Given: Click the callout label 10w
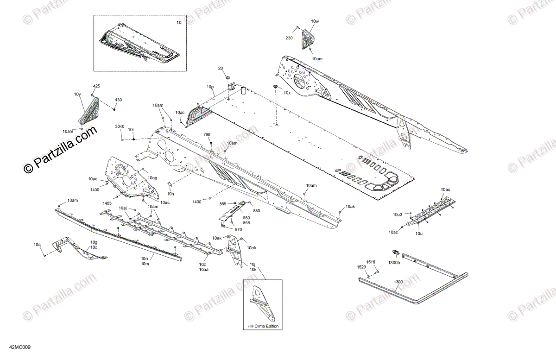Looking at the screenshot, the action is pyautogui.click(x=315, y=22).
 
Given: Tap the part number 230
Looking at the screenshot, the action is pyautogui.click(x=289, y=38).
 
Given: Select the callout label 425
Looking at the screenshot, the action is pyautogui.click(x=96, y=86).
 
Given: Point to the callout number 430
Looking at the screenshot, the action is pyautogui.click(x=119, y=100).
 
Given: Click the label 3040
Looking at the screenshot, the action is pyautogui.click(x=120, y=126).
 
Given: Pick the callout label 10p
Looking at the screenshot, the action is pyautogui.click(x=210, y=87).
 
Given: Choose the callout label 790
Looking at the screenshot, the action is pyautogui.click(x=207, y=134).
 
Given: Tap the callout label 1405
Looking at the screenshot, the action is pyautogui.click(x=107, y=203).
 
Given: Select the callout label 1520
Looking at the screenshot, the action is pyautogui.click(x=361, y=267).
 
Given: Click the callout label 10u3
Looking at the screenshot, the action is pyautogui.click(x=398, y=215).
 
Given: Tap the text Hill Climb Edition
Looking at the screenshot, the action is pyautogui.click(x=263, y=326).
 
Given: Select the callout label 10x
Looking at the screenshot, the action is pyautogui.click(x=287, y=93).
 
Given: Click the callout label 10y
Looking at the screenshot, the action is pyautogui.click(x=77, y=95).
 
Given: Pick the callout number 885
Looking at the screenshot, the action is pyautogui.click(x=223, y=204).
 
